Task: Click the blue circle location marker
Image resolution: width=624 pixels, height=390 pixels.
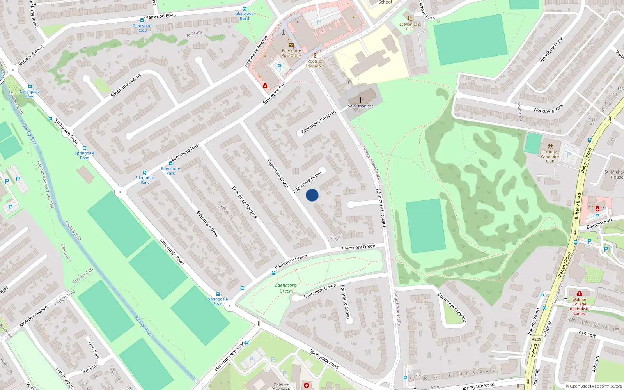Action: [312, 195]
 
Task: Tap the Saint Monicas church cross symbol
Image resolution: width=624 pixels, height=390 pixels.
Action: [361, 100]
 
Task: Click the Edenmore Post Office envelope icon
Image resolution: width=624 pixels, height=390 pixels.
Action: [291, 45]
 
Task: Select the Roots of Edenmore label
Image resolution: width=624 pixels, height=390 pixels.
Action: [315, 64]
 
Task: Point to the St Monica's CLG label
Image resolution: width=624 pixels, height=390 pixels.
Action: [409, 27]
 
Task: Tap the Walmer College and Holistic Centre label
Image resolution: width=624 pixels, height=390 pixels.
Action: [579, 306]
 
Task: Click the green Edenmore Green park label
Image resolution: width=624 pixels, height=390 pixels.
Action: [285, 288]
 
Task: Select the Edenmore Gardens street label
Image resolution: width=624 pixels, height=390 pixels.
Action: [245, 202]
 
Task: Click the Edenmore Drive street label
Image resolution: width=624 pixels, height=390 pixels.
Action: [207, 224]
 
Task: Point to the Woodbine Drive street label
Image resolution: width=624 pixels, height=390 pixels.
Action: [551, 50]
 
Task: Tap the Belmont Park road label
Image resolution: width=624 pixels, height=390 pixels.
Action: [600, 223]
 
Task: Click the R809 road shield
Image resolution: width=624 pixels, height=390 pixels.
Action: [537, 339]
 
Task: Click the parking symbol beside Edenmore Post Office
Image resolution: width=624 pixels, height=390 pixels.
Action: [279, 67]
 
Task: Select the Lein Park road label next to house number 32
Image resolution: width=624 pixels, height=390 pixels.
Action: [90, 369]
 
